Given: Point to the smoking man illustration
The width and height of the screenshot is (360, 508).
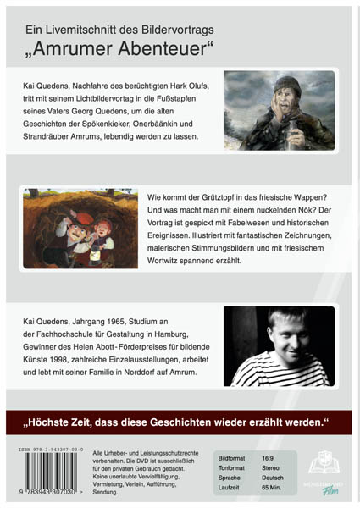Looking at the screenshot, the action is pos(279,110).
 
